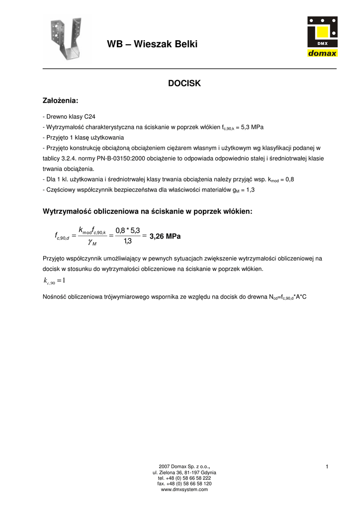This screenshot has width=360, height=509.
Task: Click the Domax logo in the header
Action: coord(322,37)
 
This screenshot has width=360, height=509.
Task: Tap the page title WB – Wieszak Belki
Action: coord(152,44)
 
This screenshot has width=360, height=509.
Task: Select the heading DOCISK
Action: coord(184,84)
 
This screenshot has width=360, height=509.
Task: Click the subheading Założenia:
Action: coord(61,101)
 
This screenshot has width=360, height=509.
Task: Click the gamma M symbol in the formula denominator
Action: coord(92,243)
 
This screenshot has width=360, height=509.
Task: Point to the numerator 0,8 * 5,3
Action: coord(128,230)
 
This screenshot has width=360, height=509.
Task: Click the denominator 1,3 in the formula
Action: coord(128,242)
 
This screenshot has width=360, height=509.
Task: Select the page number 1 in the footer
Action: coord(327,466)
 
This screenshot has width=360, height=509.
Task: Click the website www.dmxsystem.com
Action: coord(184,490)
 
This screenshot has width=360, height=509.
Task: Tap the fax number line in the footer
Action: coord(184,484)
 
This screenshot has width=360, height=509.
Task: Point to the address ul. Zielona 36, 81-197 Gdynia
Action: coord(184,472)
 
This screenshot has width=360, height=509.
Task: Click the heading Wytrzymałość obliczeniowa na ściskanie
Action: coord(148,212)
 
